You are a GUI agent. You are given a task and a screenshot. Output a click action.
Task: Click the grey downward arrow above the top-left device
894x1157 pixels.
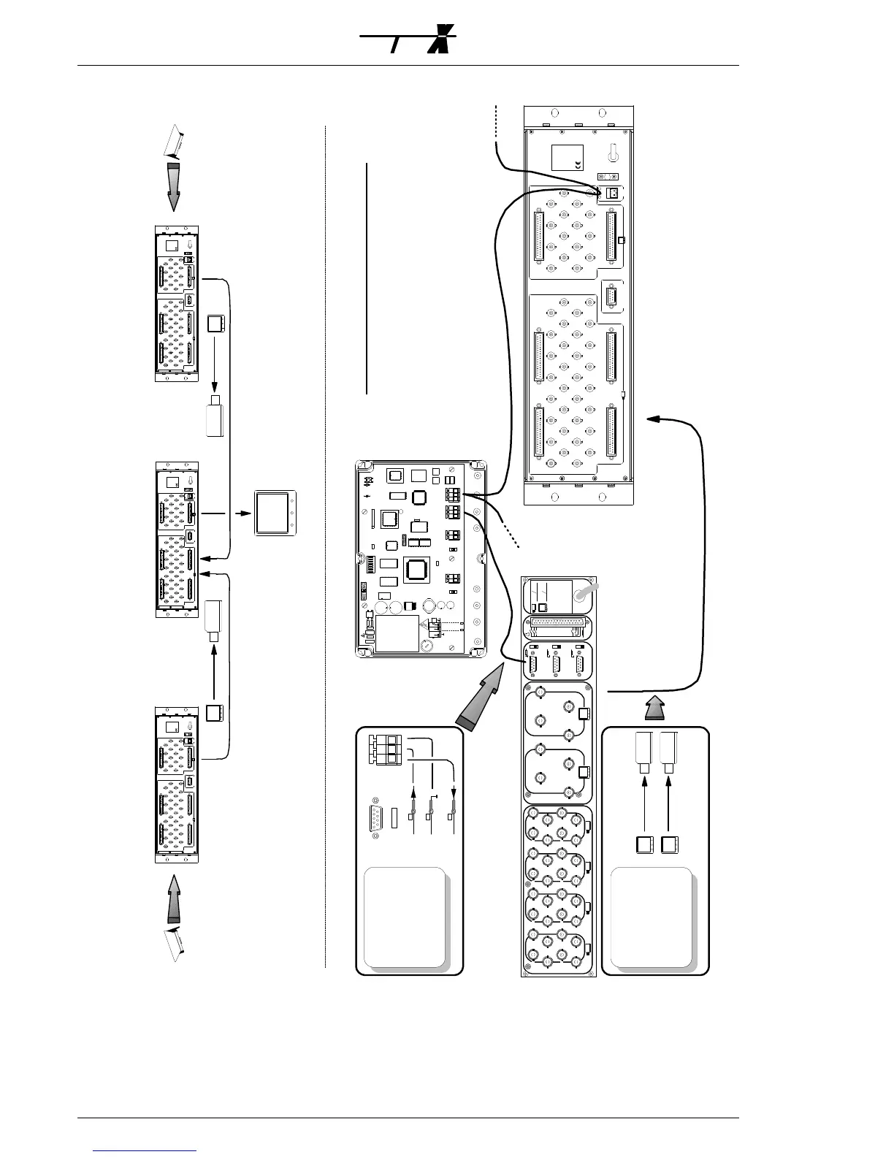(x=173, y=186)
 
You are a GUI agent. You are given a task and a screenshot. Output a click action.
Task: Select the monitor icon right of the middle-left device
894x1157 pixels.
(x=275, y=513)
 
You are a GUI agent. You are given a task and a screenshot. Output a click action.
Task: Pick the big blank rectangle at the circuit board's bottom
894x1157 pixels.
(x=397, y=633)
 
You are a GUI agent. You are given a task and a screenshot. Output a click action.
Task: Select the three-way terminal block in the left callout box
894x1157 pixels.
(x=384, y=749)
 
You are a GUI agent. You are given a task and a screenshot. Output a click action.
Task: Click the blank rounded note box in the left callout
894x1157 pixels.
(x=405, y=917)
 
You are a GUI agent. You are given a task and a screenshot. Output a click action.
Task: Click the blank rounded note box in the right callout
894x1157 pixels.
(x=652, y=917)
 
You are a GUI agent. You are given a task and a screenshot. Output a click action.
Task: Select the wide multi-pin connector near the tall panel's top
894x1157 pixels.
(x=559, y=626)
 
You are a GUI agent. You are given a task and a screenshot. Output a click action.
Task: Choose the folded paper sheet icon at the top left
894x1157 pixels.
(x=173, y=142)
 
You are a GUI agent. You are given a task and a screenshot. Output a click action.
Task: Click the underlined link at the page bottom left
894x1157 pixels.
(x=145, y=1150)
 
